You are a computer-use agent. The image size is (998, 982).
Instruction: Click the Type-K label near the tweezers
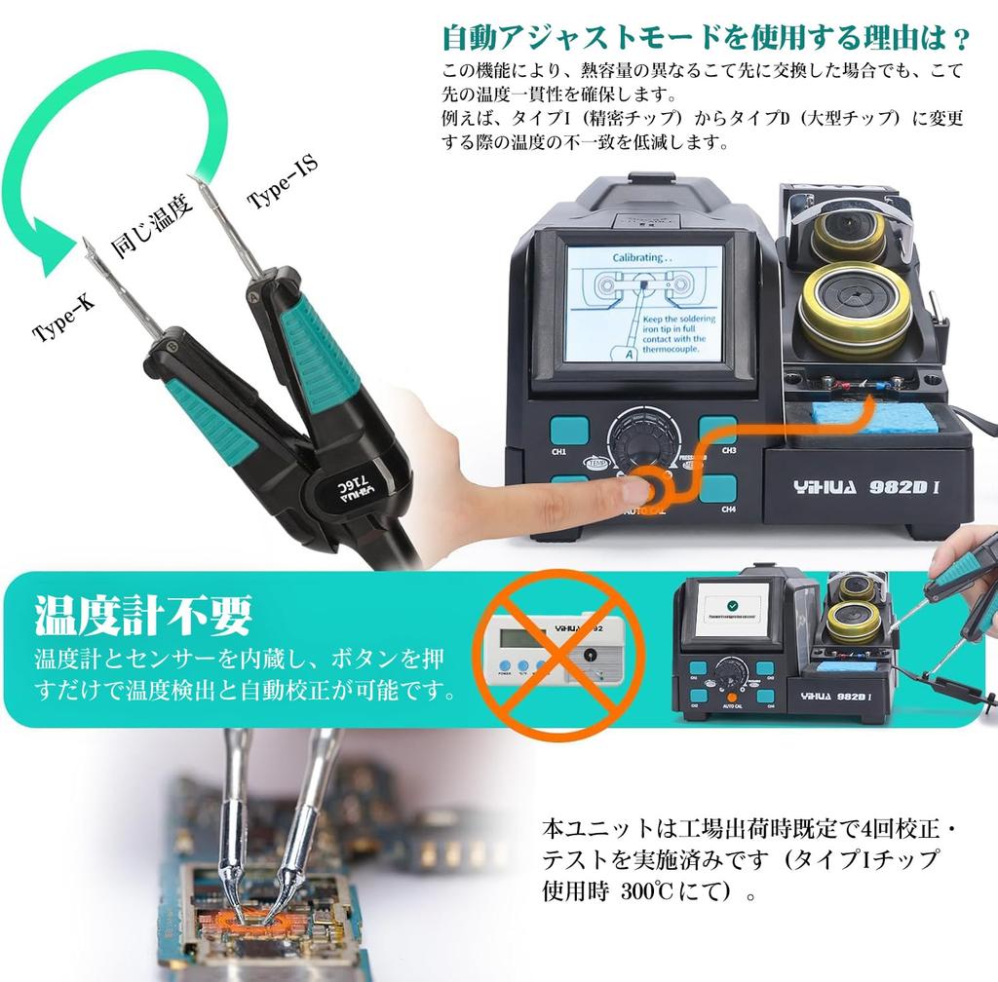(x=64, y=317)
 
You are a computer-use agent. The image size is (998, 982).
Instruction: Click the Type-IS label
(x=282, y=182)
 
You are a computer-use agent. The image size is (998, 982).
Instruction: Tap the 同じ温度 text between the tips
(x=152, y=225)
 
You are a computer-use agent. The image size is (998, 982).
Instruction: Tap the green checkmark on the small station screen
(x=732, y=603)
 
